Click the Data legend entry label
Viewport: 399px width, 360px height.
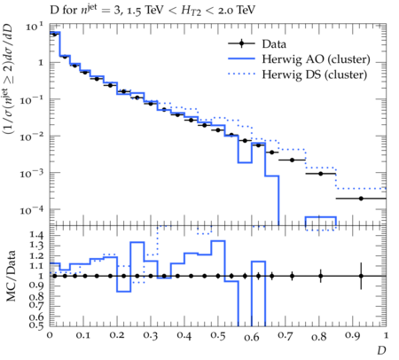[x=274, y=44]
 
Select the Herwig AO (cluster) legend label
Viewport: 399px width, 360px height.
[x=316, y=59]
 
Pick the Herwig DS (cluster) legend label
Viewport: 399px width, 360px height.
[x=315, y=74]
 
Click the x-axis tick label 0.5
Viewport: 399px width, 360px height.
[x=218, y=336]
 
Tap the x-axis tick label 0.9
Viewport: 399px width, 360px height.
[x=352, y=336]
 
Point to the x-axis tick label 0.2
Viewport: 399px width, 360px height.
[x=117, y=335]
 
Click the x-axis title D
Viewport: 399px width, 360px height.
[x=381, y=350]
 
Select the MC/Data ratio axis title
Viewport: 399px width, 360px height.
[x=11, y=276]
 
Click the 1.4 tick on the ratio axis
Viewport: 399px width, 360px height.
[x=36, y=236]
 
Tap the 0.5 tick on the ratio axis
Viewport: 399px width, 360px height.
[x=36, y=325]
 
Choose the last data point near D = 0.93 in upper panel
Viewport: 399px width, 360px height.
[x=361, y=199]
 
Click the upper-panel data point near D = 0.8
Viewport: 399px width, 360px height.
[x=321, y=174]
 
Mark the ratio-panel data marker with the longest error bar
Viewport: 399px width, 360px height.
[x=361, y=276]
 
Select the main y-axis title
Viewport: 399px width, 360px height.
[x=9, y=79]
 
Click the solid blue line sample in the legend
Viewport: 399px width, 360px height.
[x=241, y=59]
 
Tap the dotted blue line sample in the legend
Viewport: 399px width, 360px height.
[x=241, y=74]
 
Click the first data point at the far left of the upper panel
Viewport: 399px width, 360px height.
[x=54, y=35]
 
